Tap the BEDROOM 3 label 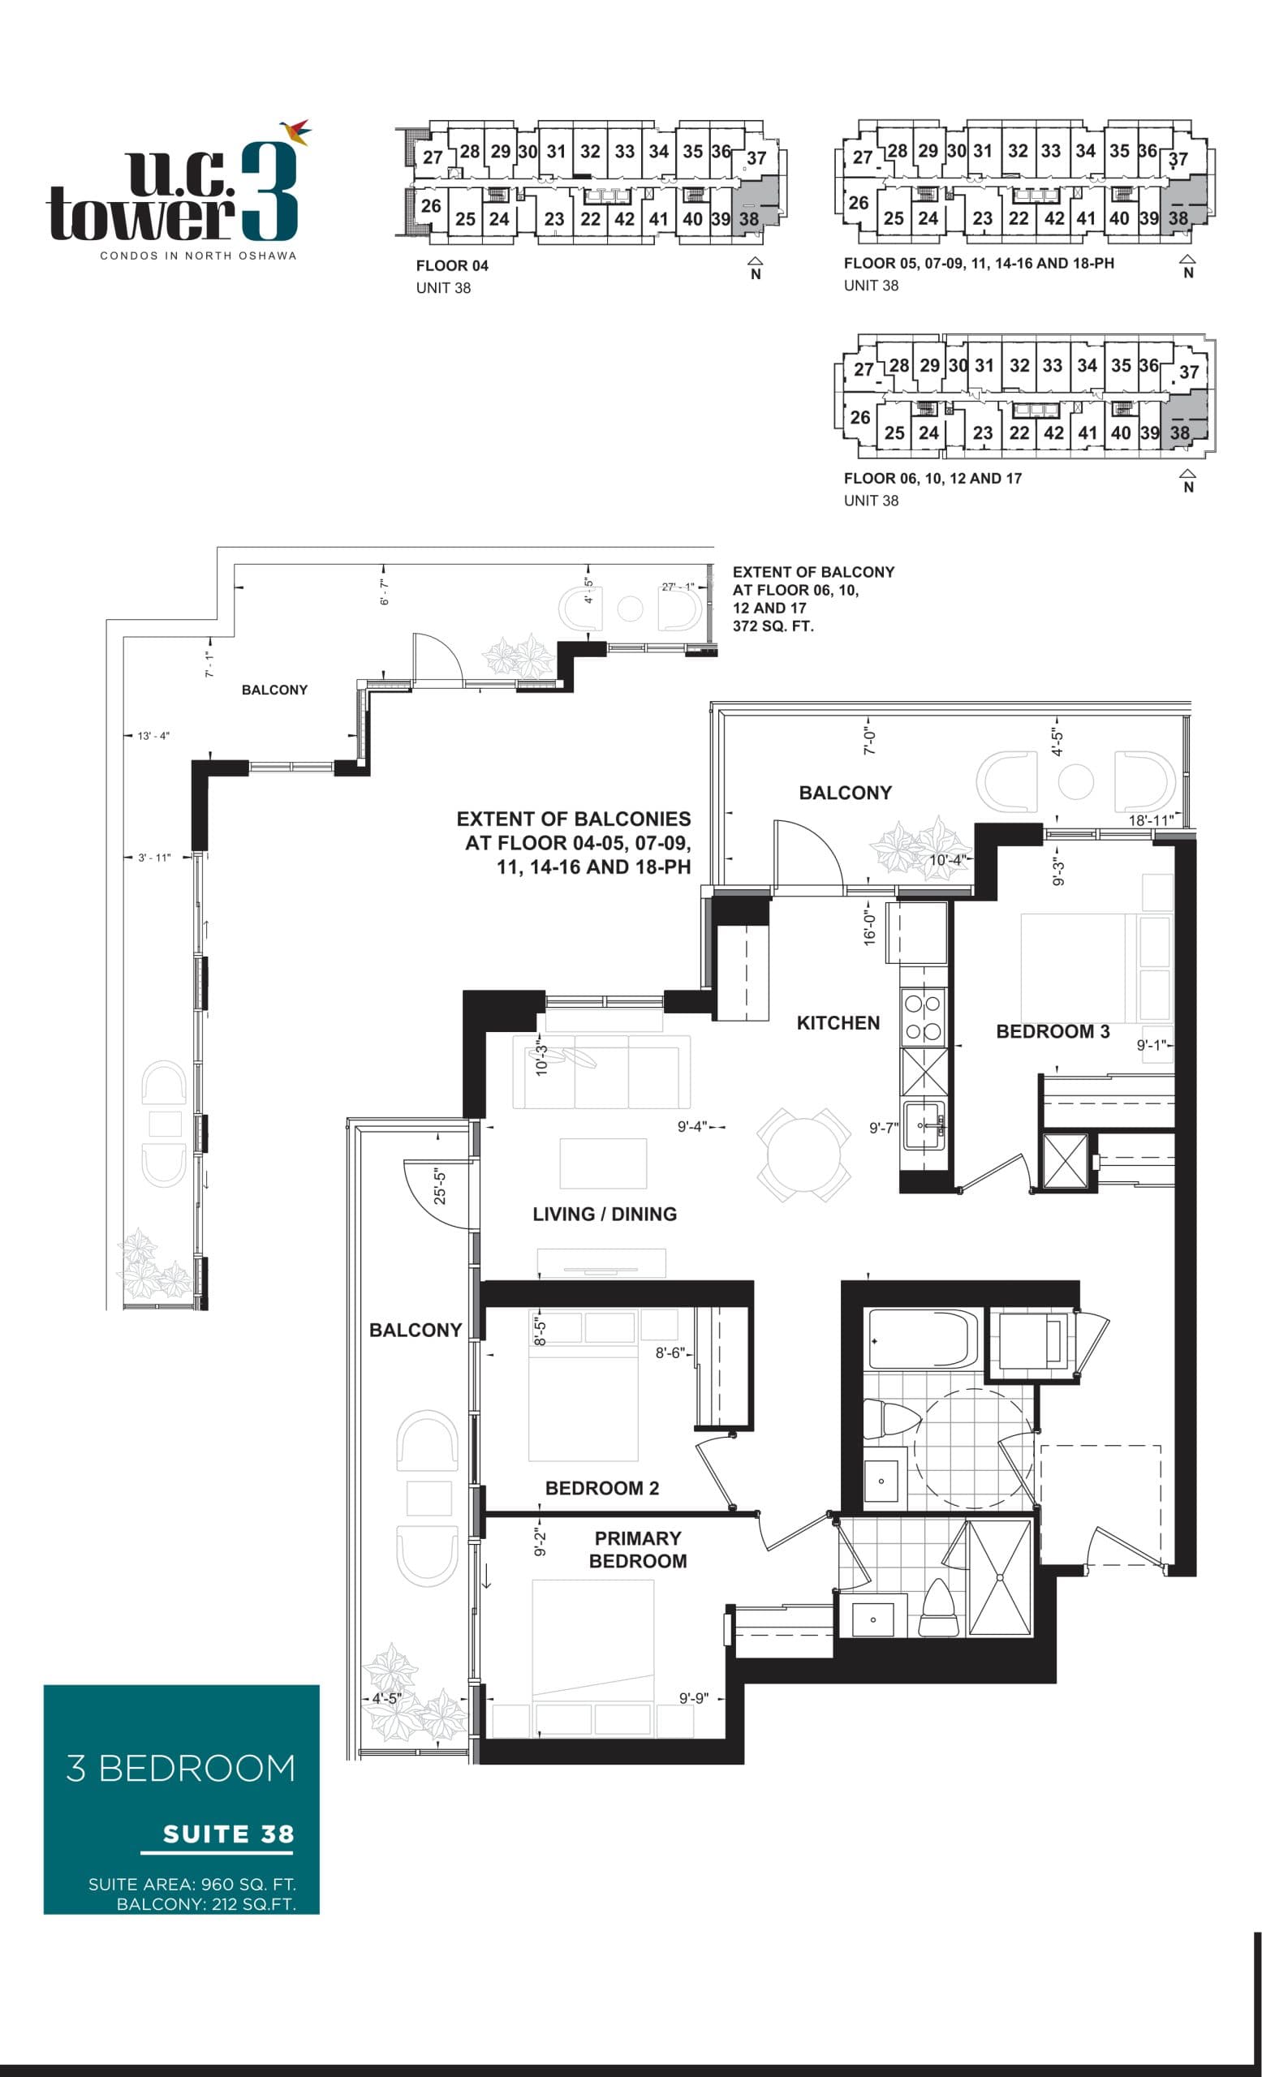pos(1052,1031)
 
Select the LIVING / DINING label pos(605,1214)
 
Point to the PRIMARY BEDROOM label pos(637,1550)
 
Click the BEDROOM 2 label pos(602,1488)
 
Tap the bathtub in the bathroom pos(921,1339)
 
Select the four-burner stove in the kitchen pos(923,1017)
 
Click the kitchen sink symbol pos(924,1125)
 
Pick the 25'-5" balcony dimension pos(440,1185)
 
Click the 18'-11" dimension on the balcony pos(1150,820)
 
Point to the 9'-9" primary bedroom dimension pos(694,1697)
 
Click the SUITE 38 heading pos(227,1834)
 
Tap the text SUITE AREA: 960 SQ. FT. pos(192,1884)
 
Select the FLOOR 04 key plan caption pos(452,265)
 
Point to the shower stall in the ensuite pos(999,1577)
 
